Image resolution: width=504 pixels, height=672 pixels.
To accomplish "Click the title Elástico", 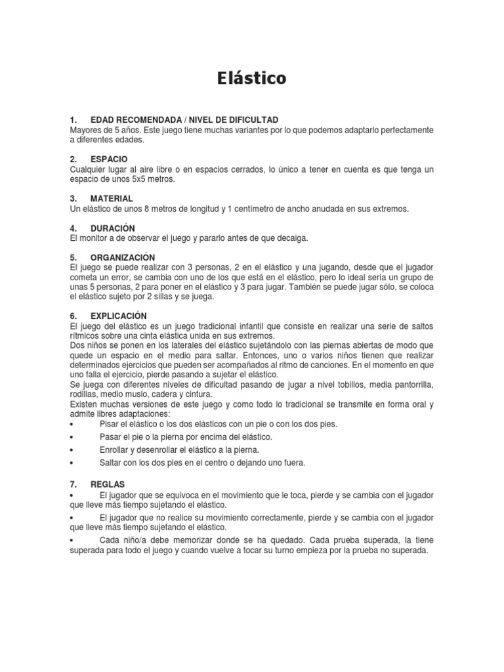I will [x=252, y=78].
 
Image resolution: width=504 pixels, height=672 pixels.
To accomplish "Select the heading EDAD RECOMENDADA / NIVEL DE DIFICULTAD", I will [x=175, y=119].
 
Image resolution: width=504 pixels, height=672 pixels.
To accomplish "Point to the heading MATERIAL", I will [x=112, y=198].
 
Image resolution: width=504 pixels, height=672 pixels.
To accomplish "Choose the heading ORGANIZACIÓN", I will [x=123, y=257].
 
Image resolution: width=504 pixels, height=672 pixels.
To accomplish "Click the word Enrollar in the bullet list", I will [x=116, y=450].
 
